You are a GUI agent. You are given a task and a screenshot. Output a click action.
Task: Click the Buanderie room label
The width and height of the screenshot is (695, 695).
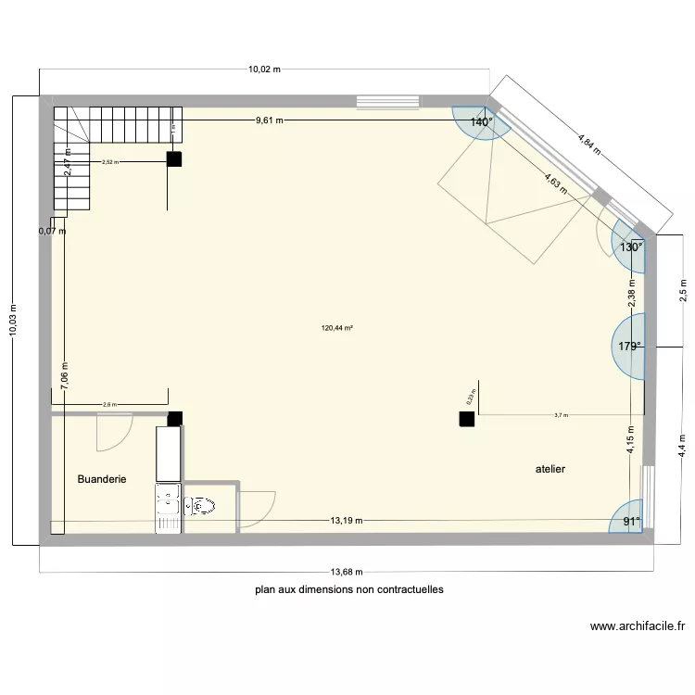(102, 479)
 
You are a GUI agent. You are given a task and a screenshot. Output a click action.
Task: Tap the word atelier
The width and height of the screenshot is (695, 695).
(550, 469)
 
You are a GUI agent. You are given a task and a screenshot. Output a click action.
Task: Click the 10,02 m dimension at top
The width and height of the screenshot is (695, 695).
(264, 69)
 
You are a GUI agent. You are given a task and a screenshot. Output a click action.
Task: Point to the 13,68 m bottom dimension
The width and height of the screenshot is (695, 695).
(345, 572)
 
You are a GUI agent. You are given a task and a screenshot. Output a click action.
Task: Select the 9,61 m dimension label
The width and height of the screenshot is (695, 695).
(270, 120)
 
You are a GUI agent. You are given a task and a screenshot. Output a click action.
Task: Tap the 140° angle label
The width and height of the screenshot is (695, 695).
(481, 122)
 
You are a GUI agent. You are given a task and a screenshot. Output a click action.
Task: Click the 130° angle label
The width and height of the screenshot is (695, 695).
(631, 247)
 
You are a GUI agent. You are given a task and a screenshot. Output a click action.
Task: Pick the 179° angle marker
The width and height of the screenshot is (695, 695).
(630, 347)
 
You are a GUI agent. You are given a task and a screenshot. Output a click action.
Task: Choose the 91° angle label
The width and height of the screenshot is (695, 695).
(631, 522)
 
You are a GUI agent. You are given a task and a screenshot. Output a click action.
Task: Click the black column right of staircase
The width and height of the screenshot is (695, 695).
(174, 158)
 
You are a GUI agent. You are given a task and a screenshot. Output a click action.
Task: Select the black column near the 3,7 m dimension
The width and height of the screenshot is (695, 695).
(466, 419)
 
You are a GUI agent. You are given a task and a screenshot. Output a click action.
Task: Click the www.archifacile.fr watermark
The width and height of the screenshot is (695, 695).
(638, 626)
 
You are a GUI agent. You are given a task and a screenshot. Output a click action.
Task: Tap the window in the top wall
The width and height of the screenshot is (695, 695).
(387, 98)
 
